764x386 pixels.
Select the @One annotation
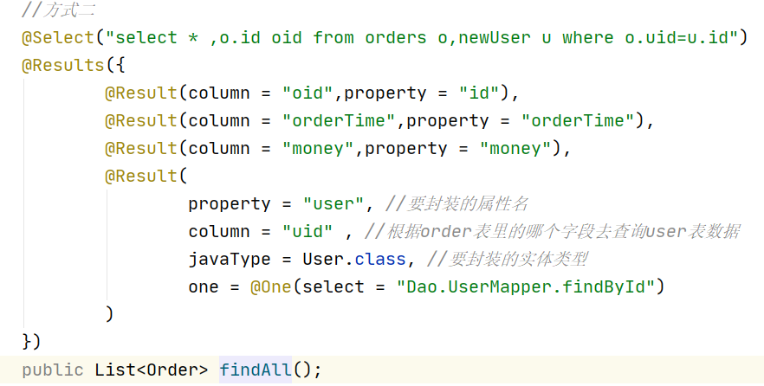pyautogui.click(x=271, y=286)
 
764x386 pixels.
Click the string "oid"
pyautogui.click(x=308, y=93)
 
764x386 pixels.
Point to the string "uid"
pyautogui.click(x=308, y=231)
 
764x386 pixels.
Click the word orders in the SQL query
pyautogui.click(x=396, y=37)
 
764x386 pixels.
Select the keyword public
pyautogui.click(x=53, y=370)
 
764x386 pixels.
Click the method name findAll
pyautogui.click(x=256, y=370)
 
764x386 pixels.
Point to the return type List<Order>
pyautogui.click(x=152, y=370)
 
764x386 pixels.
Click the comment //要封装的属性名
pyautogui.click(x=457, y=203)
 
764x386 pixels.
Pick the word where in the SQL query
pyautogui.click(x=588, y=37)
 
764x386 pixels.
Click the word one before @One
pyautogui.click(x=204, y=286)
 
